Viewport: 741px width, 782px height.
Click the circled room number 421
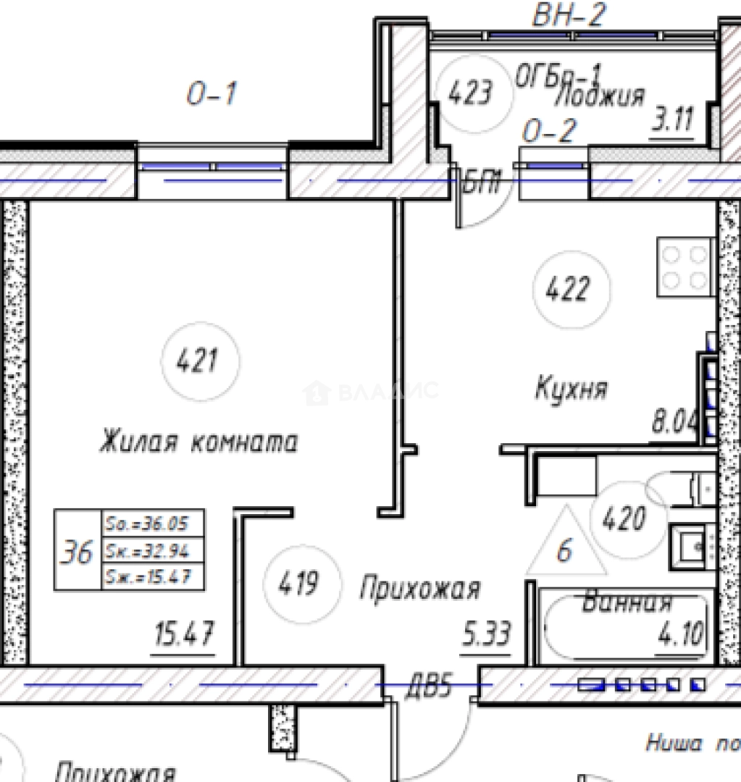[x=197, y=360]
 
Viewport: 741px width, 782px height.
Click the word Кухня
[x=572, y=389]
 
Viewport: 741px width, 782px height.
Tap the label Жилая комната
[x=198, y=442]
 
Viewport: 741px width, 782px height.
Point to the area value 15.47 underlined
[x=184, y=636]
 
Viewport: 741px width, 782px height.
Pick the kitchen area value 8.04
[x=674, y=421]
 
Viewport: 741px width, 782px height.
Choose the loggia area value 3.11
[x=673, y=119]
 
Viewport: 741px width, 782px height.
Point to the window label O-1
[x=211, y=94]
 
